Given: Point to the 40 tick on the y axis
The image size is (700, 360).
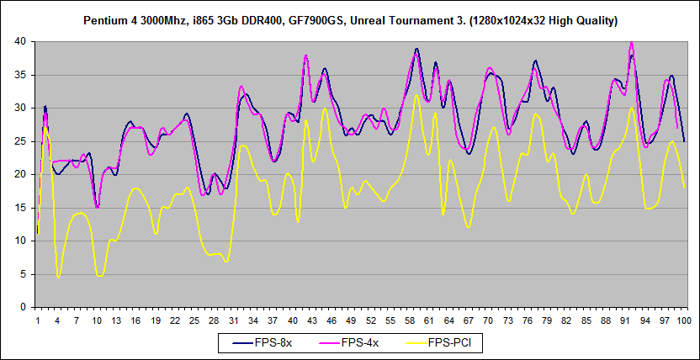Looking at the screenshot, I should tap(23, 41).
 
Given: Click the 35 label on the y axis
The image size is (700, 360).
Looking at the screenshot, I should tap(23, 75).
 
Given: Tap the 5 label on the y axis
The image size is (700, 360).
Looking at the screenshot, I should tap(25, 274).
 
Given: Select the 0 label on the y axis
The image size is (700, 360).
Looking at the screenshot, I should tap(25, 308).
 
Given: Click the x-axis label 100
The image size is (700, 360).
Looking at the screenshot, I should tap(684, 320).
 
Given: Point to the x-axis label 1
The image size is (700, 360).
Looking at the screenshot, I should tap(38, 320).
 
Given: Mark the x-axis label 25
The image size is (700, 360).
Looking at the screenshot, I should tap(194, 320).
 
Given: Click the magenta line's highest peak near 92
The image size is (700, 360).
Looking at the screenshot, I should tap(632, 43).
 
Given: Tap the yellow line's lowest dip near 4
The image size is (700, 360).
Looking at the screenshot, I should tap(58, 277).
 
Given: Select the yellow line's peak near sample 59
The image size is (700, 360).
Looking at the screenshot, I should tap(416, 95).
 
